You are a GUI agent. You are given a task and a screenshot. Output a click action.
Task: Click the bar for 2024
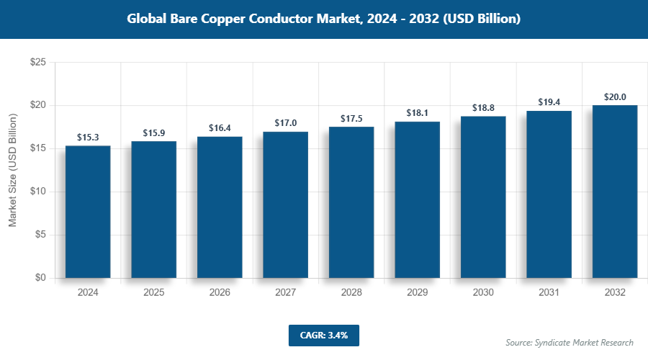click(x=88, y=212)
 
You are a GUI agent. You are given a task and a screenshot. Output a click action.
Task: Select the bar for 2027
click(x=285, y=204)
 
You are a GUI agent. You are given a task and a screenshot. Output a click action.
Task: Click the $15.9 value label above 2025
click(x=153, y=133)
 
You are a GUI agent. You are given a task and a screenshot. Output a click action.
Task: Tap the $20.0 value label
click(x=615, y=97)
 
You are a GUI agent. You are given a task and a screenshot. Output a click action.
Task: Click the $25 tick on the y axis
click(x=38, y=63)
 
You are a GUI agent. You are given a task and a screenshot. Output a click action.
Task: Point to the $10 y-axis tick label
click(x=38, y=192)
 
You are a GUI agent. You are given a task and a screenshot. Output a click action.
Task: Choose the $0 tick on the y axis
click(x=40, y=278)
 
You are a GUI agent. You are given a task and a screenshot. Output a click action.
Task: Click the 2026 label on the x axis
click(x=220, y=293)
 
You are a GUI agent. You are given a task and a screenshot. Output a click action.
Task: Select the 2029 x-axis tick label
click(x=417, y=293)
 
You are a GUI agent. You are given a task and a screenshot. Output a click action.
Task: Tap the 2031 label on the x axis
click(x=549, y=293)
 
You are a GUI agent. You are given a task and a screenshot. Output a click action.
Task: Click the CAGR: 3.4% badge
click(x=323, y=335)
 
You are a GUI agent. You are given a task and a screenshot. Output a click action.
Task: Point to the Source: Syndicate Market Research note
click(x=570, y=342)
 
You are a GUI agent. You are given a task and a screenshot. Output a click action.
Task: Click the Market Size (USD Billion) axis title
click(x=12, y=170)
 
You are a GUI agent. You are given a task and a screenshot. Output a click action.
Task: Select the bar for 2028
click(x=351, y=202)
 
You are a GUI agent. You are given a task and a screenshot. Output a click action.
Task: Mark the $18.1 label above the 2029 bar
click(x=417, y=114)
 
